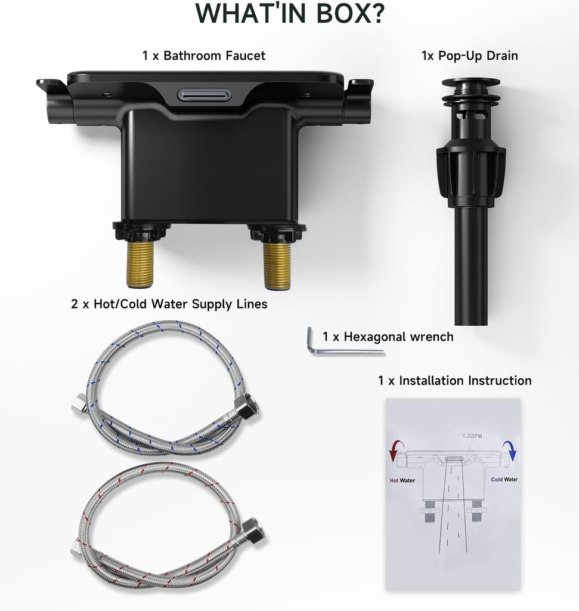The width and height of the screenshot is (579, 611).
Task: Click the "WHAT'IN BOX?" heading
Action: pos(290,13)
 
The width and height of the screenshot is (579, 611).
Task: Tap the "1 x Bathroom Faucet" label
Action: pos(204,55)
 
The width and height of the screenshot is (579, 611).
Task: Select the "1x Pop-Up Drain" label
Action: pos(470,55)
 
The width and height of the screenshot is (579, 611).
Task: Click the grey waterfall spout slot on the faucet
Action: pos(205,94)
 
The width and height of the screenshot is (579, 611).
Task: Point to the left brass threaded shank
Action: pos(140,264)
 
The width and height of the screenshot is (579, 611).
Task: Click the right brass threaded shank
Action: pos(277,265)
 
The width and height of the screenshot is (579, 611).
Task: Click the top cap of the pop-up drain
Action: pos(470,82)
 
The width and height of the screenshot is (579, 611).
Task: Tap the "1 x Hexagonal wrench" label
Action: pos(388,337)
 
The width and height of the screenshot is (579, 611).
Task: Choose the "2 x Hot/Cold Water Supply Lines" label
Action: pos(169,304)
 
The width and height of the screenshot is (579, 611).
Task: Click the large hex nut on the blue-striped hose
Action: pos(247,406)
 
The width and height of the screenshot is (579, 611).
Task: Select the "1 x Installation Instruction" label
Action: pos(455,380)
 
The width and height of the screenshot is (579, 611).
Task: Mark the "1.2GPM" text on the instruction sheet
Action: pos(472,436)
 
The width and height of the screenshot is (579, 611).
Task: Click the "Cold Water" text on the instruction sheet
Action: pos(504,480)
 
